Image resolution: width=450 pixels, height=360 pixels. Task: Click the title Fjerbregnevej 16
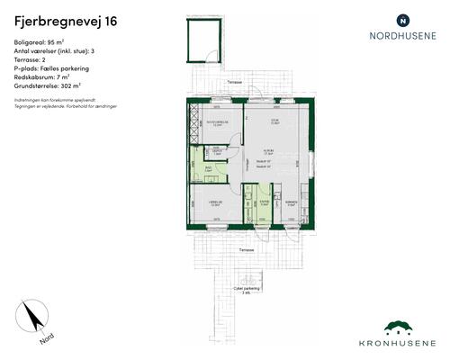[64, 20]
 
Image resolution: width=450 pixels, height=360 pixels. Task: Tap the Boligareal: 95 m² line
[41, 42]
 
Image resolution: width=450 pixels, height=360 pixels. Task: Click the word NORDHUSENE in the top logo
[402, 38]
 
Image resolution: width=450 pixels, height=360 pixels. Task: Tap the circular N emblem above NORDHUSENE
[402, 19]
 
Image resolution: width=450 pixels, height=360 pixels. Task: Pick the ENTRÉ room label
[264, 202]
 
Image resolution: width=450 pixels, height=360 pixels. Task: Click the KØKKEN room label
[290, 202]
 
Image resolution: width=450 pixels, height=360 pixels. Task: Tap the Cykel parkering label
[245, 288]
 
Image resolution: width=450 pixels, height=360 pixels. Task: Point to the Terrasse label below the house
[246, 248]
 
